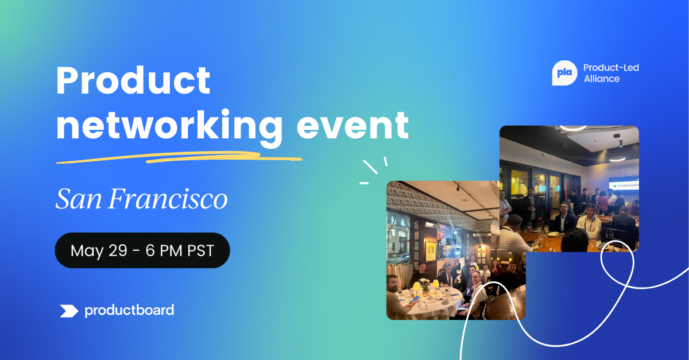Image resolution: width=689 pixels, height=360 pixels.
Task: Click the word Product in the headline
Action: (133, 80)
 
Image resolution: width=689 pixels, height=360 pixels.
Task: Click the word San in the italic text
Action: (79, 199)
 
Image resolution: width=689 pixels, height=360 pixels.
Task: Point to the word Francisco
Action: (168, 199)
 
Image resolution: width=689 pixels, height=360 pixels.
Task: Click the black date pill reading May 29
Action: (142, 250)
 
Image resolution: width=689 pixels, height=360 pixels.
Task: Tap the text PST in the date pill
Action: (200, 250)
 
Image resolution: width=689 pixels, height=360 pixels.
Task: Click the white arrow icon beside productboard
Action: (69, 311)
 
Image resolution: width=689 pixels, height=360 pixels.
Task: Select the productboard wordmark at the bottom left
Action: (129, 310)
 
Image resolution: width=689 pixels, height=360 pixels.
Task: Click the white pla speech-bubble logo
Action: (564, 73)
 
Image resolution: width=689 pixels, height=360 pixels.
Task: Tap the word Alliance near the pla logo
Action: (602, 79)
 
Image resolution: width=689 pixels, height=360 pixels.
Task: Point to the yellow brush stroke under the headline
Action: (179, 157)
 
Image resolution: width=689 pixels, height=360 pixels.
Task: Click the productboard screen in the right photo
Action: (624, 184)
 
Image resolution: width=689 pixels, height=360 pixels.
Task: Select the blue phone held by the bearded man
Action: (413, 299)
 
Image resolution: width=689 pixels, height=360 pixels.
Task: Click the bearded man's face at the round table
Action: (393, 285)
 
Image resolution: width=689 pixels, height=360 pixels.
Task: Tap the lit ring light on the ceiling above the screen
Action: (617, 159)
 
